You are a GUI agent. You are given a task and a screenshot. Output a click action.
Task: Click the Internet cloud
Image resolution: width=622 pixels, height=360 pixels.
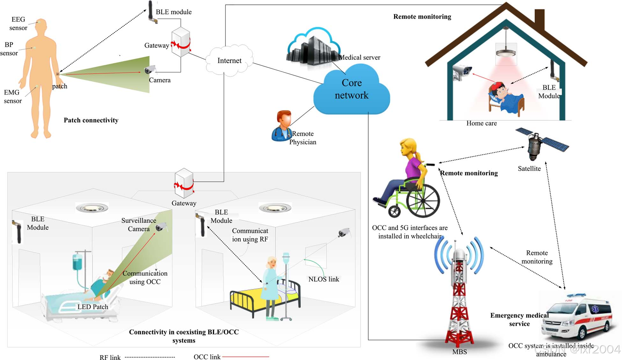[x=229, y=61]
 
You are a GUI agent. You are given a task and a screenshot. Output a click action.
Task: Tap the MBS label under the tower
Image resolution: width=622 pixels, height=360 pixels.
[x=459, y=352]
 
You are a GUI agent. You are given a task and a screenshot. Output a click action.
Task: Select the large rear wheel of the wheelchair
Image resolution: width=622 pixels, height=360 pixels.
[x=423, y=200]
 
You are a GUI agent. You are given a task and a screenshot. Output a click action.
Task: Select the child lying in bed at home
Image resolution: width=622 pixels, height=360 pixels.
[x=504, y=96]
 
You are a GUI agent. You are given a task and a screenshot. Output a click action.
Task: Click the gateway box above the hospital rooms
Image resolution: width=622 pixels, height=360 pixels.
[x=184, y=183]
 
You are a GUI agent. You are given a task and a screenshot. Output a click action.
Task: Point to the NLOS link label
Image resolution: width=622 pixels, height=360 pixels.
[x=324, y=279]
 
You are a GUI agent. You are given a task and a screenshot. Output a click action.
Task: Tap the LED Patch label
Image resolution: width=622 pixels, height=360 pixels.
[x=93, y=307]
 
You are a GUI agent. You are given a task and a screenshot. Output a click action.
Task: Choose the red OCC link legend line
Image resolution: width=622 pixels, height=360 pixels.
[x=245, y=357]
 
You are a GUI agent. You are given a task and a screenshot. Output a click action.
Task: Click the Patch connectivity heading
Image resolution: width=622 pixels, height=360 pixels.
[x=91, y=120]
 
